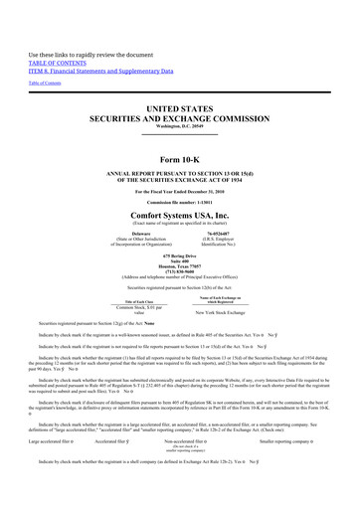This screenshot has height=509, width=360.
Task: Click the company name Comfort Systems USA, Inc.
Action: [x=180, y=213]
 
